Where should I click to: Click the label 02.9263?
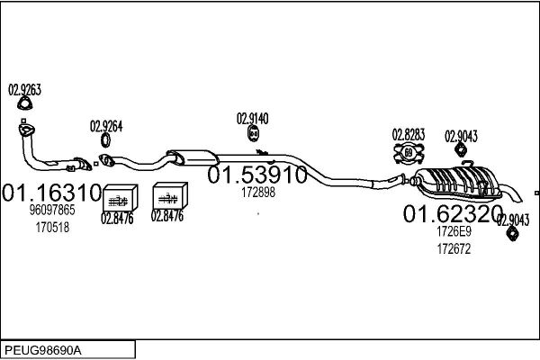[25, 90]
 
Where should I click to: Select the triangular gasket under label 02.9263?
[25, 103]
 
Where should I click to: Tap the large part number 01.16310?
[52, 193]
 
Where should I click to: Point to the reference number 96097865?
[52, 210]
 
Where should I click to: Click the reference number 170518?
[52, 228]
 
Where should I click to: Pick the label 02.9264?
[106, 126]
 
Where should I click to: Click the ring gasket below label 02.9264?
[105, 139]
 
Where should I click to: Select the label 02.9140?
[252, 119]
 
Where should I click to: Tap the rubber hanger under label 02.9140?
[254, 133]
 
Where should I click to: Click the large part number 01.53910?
[257, 175]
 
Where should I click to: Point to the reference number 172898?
[258, 193]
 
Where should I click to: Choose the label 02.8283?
[409, 135]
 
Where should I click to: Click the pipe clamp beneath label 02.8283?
[409, 153]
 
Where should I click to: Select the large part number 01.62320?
[453, 213]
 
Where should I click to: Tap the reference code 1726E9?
[454, 231]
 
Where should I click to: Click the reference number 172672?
[454, 248]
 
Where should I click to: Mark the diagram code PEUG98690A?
[43, 351]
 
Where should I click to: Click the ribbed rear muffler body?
[458, 183]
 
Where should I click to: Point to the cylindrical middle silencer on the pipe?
[193, 157]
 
